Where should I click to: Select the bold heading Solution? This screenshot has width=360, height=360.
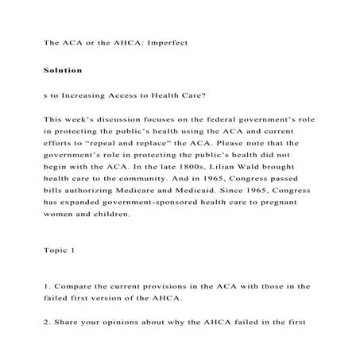pos(63,71)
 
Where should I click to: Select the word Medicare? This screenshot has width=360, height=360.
pos(145,192)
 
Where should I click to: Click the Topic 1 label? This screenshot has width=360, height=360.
pos(59,250)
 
